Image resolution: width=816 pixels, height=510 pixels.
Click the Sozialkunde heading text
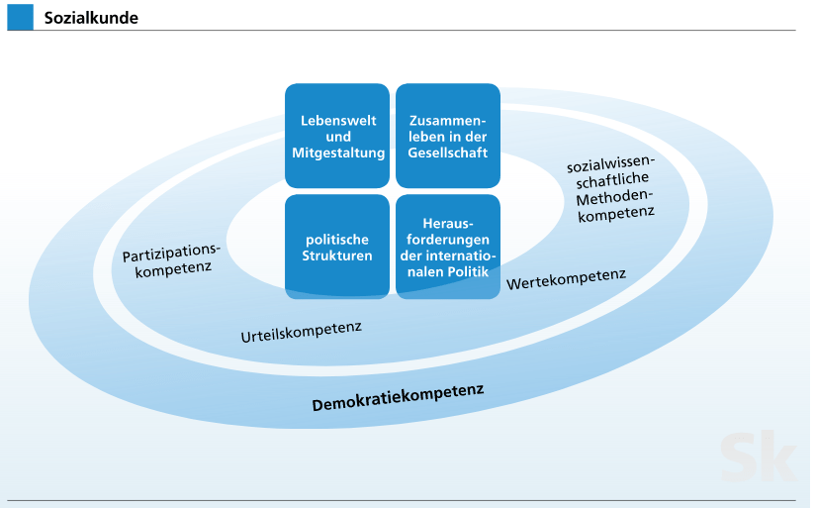point(91,18)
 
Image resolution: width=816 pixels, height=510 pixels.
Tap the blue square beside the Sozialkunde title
point(21,17)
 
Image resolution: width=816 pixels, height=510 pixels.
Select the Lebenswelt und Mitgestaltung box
point(337,136)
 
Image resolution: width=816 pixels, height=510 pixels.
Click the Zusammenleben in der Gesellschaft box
point(448,136)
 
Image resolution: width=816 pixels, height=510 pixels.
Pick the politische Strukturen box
point(337,247)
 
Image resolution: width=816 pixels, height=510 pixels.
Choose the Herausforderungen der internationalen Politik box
point(448,247)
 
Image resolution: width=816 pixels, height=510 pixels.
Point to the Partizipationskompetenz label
point(171,260)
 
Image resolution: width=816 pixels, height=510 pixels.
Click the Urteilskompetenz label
point(301,332)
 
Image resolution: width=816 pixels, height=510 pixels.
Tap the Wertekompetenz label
point(566,279)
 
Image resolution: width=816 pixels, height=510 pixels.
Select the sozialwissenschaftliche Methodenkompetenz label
point(612,188)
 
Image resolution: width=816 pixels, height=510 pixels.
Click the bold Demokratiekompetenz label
point(399,397)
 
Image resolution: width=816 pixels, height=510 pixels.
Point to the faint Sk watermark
point(758,457)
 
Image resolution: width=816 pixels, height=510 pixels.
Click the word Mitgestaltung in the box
point(338,153)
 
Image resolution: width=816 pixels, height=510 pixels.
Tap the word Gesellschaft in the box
point(447,153)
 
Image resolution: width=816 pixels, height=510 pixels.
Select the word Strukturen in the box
point(337,255)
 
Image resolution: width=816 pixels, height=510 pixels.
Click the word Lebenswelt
point(338,121)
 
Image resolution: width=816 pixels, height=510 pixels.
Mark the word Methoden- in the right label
point(614,197)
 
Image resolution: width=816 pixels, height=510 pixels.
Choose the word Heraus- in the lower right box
point(448,224)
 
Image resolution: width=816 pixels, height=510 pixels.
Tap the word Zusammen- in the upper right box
point(447,121)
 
